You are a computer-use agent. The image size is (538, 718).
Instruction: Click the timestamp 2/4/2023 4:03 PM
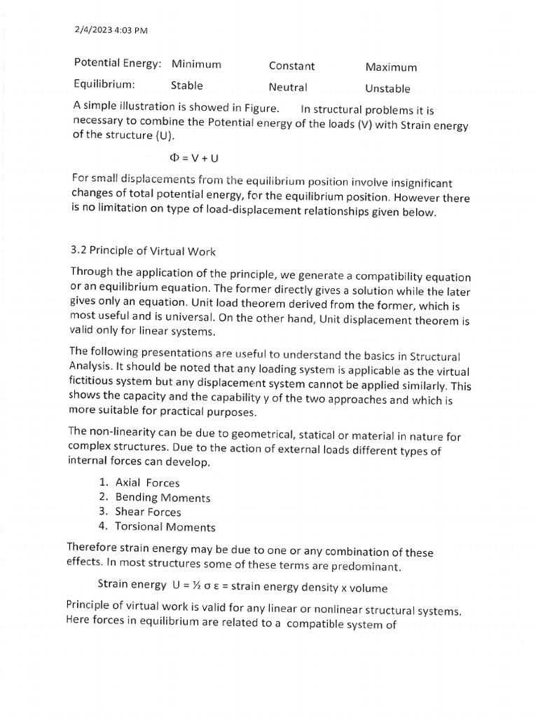[x=110, y=29]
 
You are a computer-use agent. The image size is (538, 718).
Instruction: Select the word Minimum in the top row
[x=196, y=64]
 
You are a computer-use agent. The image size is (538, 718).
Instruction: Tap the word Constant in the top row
[x=291, y=66]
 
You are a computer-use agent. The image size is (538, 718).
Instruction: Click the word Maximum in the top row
[x=391, y=67]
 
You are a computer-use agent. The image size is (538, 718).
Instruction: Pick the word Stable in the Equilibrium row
[x=187, y=86]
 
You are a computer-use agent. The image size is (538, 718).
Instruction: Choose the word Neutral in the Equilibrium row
[x=288, y=88]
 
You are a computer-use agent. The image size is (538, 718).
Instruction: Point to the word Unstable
[x=387, y=89]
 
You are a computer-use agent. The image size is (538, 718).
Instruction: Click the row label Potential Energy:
[x=118, y=63]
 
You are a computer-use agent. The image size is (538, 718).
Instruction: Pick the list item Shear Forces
[x=148, y=512]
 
